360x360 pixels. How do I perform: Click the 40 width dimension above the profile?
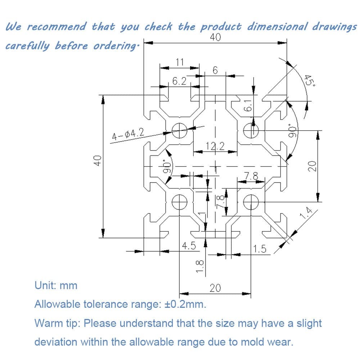coord(215,37)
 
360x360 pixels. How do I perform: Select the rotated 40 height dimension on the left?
coord(98,161)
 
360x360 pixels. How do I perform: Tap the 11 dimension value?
coord(180,62)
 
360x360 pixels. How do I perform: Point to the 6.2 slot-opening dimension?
coord(179,81)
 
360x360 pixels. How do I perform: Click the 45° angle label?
coord(310,81)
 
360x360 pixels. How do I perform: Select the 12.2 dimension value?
coord(215,146)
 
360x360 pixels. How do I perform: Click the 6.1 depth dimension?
coord(248,105)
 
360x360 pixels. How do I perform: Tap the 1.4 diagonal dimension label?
coord(306,213)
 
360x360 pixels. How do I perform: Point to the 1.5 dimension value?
coord(260,249)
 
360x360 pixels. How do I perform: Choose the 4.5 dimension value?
coord(189,246)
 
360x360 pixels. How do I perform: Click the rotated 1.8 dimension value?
coord(200,266)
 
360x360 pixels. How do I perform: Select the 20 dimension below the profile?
coord(215,288)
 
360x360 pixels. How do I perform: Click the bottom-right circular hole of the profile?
coord(251,202)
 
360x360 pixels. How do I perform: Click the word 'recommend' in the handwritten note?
coord(57,26)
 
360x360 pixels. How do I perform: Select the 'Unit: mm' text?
coord(56,285)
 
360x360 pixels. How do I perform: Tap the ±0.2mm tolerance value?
coord(185,304)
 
